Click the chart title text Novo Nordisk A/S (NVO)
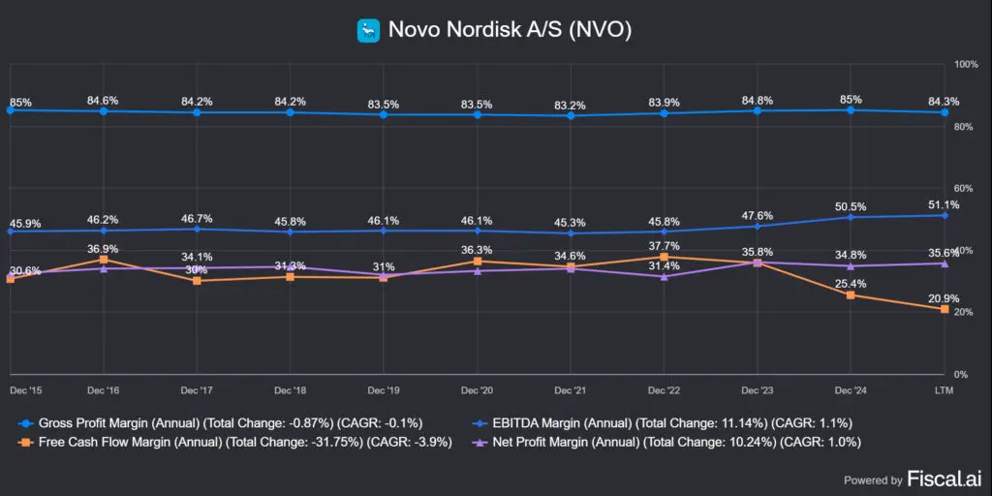coord(510,31)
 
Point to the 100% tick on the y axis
coord(966,65)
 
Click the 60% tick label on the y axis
coord(963,189)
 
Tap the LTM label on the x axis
coord(944,389)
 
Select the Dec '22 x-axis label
coord(664,389)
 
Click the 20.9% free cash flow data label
coord(943,298)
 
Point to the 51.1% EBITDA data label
coord(943,204)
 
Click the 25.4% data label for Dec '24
coord(850,284)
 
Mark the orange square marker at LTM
coord(944,309)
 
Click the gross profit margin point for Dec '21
coord(571,115)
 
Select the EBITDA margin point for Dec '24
coord(851,217)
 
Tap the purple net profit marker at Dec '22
coord(664,277)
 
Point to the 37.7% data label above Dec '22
coord(664,246)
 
